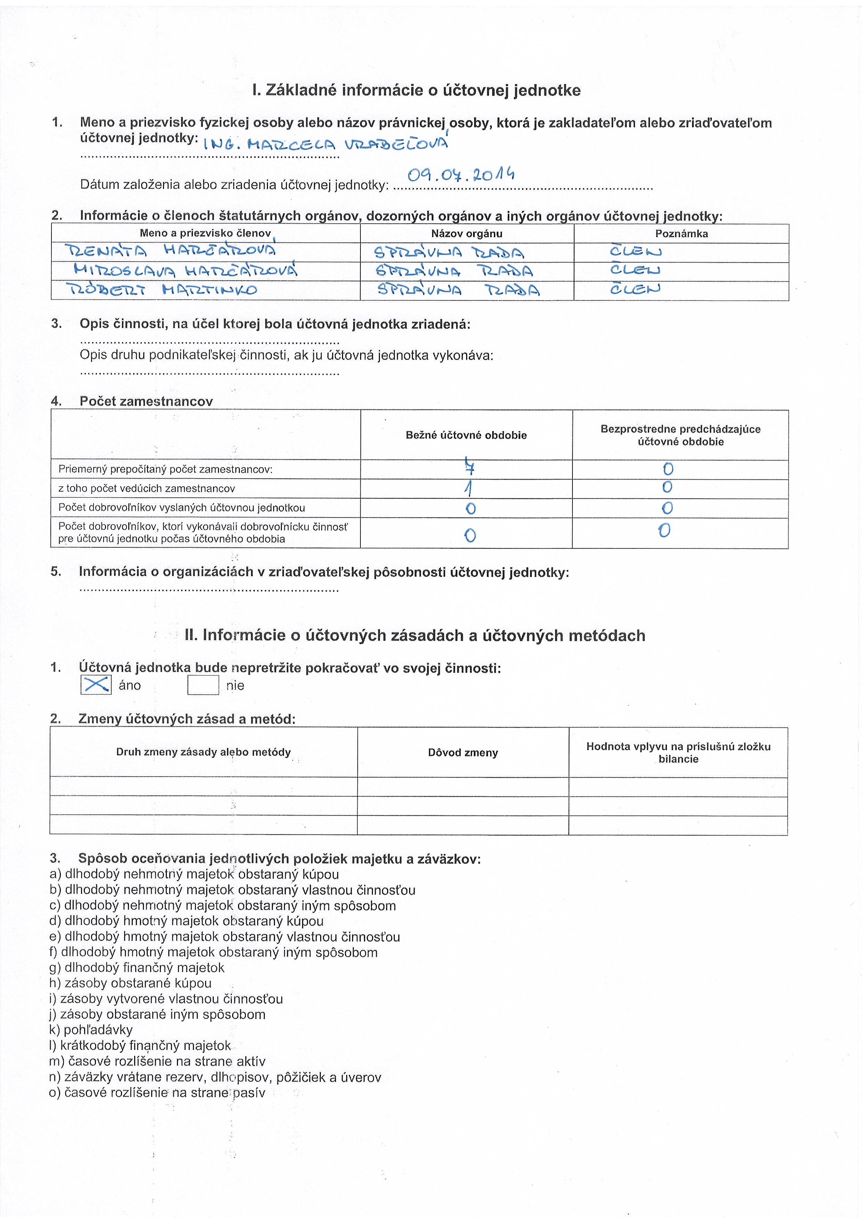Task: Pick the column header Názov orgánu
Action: (x=466, y=233)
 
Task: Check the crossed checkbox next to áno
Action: (x=96, y=685)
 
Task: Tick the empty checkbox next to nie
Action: (x=203, y=685)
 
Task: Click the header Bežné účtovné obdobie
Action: (x=466, y=435)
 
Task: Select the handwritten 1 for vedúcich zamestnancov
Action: (x=469, y=488)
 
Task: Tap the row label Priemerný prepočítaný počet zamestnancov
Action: (x=165, y=469)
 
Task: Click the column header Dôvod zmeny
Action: (x=463, y=752)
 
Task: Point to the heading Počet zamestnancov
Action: (x=146, y=401)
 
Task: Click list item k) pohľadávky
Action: (x=91, y=1030)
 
